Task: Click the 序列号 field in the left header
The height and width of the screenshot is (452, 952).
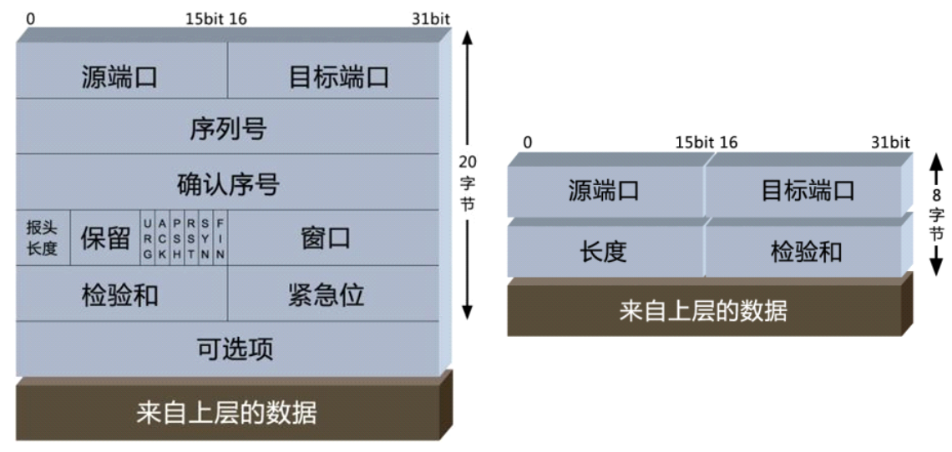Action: pos(227,128)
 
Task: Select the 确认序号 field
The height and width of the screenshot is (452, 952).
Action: pos(227,183)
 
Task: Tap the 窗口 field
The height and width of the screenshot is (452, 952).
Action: pos(326,239)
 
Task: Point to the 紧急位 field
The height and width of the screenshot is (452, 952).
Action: pos(326,294)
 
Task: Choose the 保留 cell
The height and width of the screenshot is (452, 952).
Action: pos(105,239)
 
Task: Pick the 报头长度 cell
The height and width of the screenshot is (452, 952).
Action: pos(42,239)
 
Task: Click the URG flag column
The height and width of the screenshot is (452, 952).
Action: pos(148,239)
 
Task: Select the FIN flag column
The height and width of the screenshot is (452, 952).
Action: pos(220,239)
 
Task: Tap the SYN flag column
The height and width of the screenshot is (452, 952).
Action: pos(205,239)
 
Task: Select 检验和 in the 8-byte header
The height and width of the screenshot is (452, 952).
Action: pos(806,251)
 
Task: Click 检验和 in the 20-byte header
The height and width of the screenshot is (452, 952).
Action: pos(120,294)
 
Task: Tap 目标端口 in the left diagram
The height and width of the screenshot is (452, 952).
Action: pos(338,77)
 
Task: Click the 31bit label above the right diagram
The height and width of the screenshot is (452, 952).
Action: pos(890,143)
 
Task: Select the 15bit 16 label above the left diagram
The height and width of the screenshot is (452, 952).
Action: pos(215,18)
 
